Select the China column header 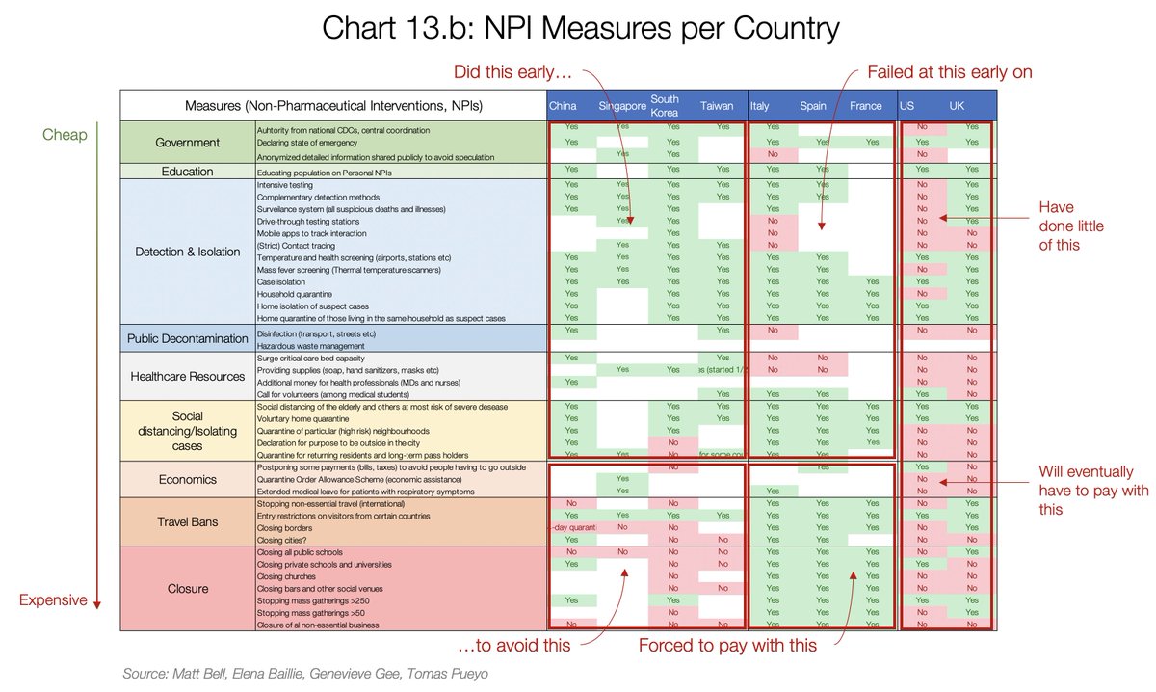click(563, 106)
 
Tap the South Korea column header click(665, 106)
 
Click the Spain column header click(813, 106)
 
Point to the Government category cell click(188, 143)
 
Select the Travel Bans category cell click(188, 521)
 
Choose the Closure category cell click(188, 588)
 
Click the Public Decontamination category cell click(188, 339)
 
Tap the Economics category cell click(188, 479)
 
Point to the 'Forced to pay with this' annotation click(727, 646)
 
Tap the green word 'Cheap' click(65, 135)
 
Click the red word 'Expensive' click(53, 600)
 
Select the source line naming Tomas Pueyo click(305, 674)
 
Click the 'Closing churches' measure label click(285, 575)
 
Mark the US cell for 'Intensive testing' click(922, 184)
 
